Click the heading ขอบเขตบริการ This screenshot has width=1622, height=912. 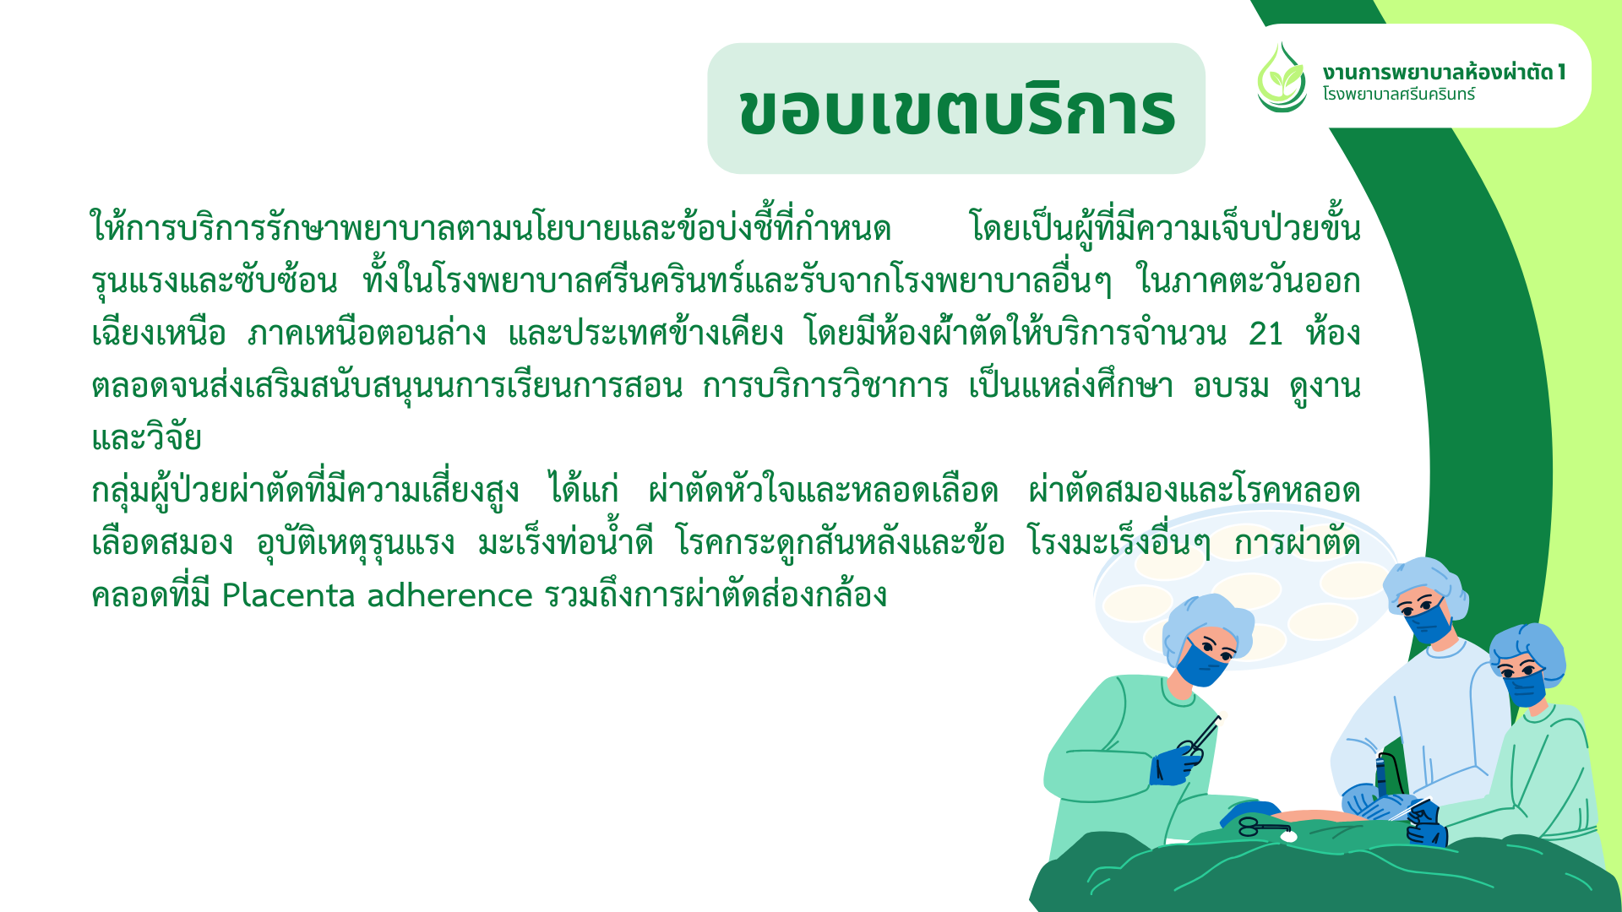click(956, 110)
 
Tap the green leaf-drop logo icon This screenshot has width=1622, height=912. click(1282, 78)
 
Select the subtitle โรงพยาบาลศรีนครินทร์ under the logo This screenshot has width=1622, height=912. click(1399, 94)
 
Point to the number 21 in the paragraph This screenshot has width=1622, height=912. click(1265, 334)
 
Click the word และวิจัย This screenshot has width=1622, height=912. click(146, 438)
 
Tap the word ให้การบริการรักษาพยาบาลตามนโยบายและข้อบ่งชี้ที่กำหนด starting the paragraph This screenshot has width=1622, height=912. click(491, 228)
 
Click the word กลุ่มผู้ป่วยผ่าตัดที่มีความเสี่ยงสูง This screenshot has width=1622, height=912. click(305, 491)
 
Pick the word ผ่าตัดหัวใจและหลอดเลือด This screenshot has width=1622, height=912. click(824, 491)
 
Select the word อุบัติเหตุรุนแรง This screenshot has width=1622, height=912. click(356, 543)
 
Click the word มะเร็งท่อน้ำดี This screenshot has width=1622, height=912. click(565, 541)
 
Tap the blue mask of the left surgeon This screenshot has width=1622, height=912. click(1200, 665)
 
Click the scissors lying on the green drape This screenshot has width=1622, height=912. click(1264, 827)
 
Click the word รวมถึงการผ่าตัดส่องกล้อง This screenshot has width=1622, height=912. click(716, 595)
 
